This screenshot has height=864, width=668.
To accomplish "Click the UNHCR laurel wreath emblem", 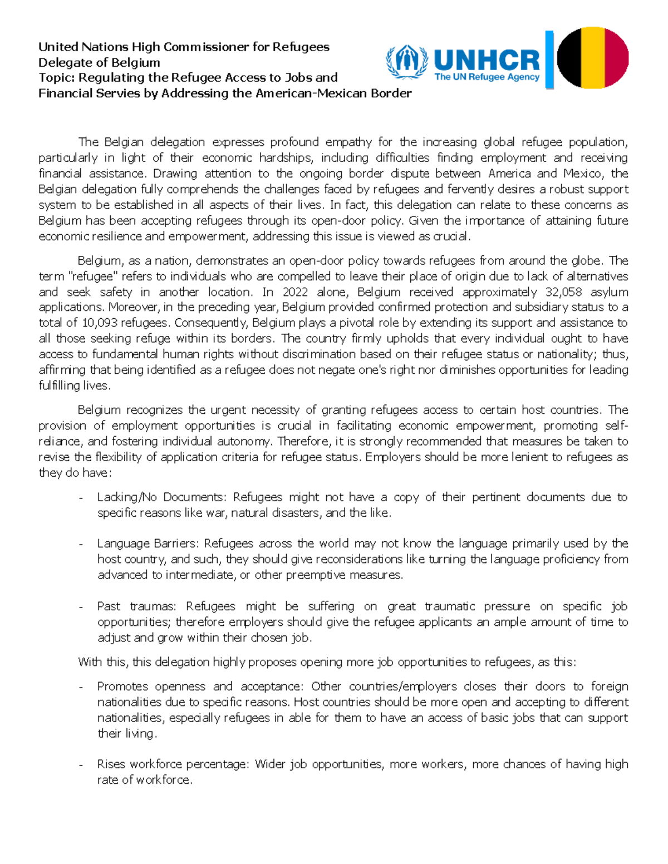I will pos(406,62).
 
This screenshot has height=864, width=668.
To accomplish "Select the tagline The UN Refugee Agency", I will pos(487,77).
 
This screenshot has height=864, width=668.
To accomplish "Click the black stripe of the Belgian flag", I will pos(569,58).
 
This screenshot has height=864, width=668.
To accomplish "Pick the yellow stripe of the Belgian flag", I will pos(593,58).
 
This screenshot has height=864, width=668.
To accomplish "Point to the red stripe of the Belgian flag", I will pos(617,58).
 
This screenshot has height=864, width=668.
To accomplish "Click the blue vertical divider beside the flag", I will pos(549,60).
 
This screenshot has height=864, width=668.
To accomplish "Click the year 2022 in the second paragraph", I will pos(295,292).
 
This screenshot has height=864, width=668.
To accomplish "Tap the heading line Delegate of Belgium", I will pos(99,62).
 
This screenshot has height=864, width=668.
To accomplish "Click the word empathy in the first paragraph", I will pos(348,142).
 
